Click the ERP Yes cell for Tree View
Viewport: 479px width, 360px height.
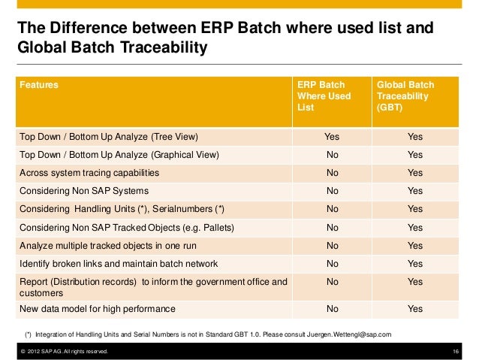tap(331, 137)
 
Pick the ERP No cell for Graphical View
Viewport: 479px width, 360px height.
tap(331, 155)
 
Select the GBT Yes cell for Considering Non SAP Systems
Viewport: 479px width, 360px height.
tap(414, 191)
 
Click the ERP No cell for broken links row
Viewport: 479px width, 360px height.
tap(331, 263)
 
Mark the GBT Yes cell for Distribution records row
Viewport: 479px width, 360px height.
tap(414, 282)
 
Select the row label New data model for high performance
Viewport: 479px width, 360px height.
tap(98, 308)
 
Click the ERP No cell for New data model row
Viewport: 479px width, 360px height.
tap(331, 308)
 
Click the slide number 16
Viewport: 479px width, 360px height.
tap(457, 351)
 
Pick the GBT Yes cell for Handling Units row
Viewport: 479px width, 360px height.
tap(414, 209)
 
